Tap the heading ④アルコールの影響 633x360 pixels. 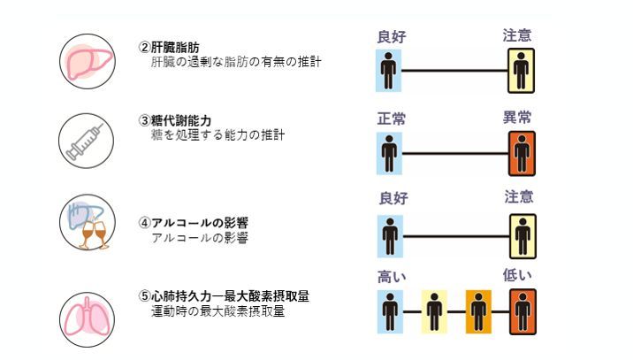click(194, 222)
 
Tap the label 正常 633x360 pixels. click(392, 118)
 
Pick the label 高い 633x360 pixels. click(392, 276)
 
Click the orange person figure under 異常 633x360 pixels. click(522, 154)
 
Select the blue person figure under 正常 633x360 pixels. click(389, 154)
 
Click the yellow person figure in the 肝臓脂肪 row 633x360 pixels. click(522, 70)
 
